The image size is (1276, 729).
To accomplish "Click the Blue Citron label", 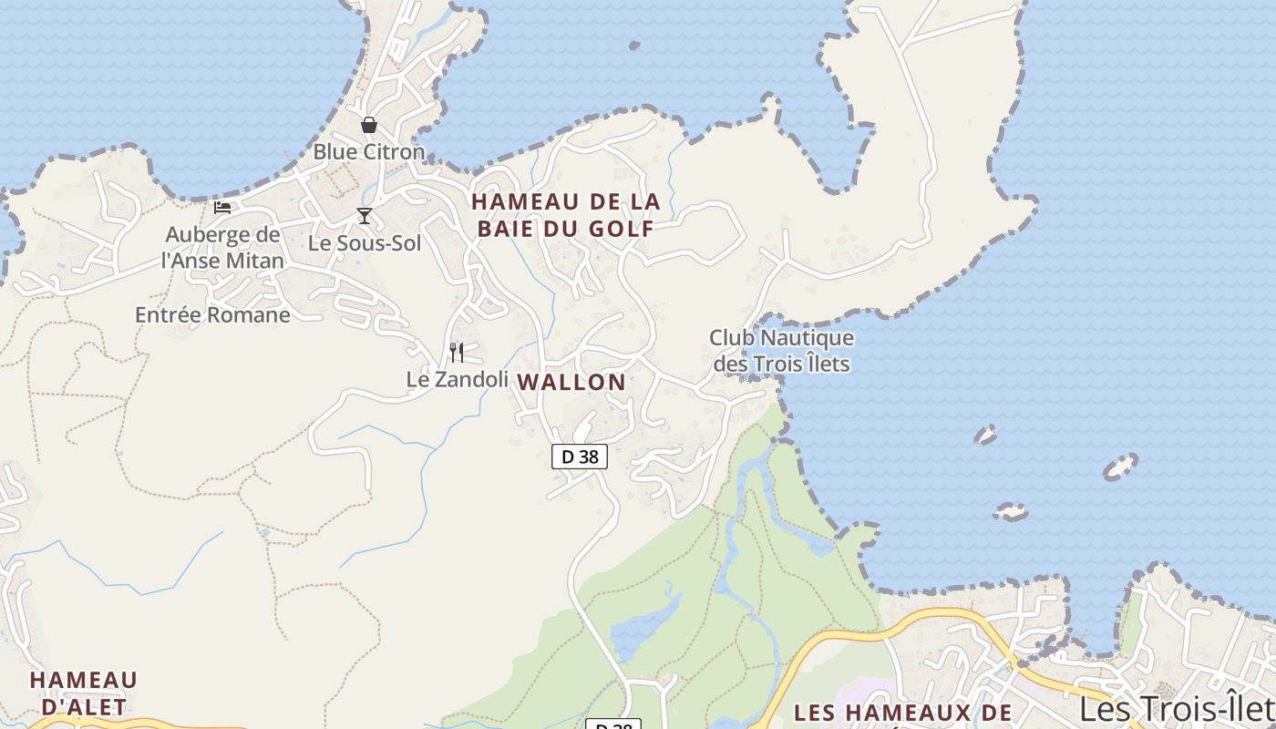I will click(x=369, y=151).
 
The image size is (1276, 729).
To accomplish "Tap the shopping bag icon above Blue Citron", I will click(x=369, y=125).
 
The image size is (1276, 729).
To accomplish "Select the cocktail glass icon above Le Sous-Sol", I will click(x=365, y=216).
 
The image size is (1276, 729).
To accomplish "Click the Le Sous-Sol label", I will click(x=365, y=243).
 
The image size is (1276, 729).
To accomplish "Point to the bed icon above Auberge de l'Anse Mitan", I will click(x=222, y=208).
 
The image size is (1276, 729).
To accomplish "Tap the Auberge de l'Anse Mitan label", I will click(x=222, y=248).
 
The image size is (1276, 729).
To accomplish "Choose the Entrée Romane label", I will click(x=212, y=315).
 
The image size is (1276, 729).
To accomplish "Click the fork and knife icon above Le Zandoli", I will click(x=457, y=352).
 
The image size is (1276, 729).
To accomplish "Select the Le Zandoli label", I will click(x=457, y=379).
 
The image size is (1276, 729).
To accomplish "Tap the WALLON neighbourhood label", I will click(x=572, y=383).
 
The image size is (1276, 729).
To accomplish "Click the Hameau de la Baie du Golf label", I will click(x=566, y=215).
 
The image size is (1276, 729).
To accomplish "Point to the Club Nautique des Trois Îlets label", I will click(x=782, y=351).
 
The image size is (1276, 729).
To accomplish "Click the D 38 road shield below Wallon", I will click(x=580, y=457).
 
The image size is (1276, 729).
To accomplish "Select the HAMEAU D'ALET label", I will click(x=84, y=693).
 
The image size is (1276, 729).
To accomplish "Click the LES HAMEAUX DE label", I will click(x=902, y=712).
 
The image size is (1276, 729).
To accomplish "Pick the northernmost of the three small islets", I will click(x=985, y=435).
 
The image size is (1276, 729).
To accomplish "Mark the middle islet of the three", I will click(x=1120, y=467).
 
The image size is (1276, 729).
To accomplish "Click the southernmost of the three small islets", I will click(x=1010, y=512).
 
